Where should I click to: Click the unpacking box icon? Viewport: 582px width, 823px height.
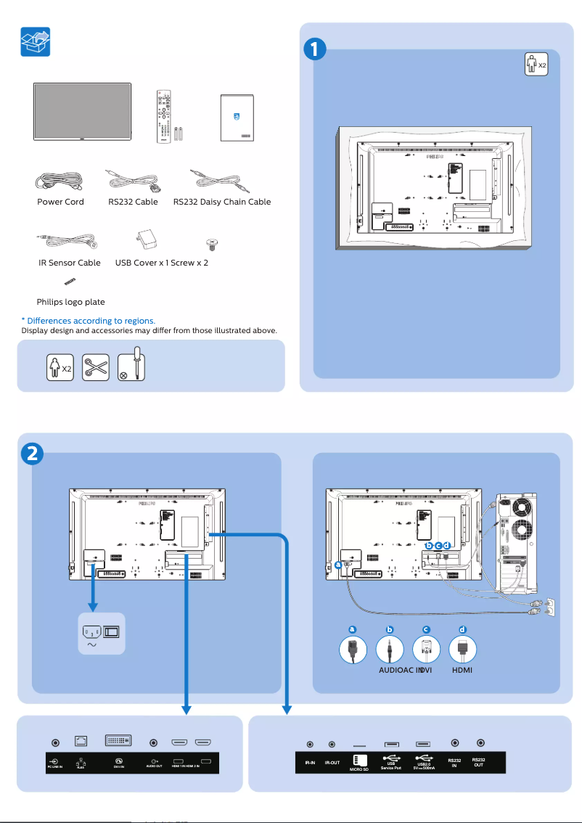35,43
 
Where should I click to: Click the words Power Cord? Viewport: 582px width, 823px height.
60,202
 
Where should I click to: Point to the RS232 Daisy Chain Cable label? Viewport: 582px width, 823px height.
222,202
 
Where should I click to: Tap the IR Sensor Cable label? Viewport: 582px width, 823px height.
70,263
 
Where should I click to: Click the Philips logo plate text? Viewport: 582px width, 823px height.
70,302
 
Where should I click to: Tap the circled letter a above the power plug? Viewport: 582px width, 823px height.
352,628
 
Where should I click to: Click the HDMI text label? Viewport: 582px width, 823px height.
462,670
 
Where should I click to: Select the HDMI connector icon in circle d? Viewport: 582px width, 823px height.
462,648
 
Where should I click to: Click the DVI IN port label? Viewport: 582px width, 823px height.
118,764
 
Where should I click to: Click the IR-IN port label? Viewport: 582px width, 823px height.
310,763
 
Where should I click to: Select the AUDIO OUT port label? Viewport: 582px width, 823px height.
154,765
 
